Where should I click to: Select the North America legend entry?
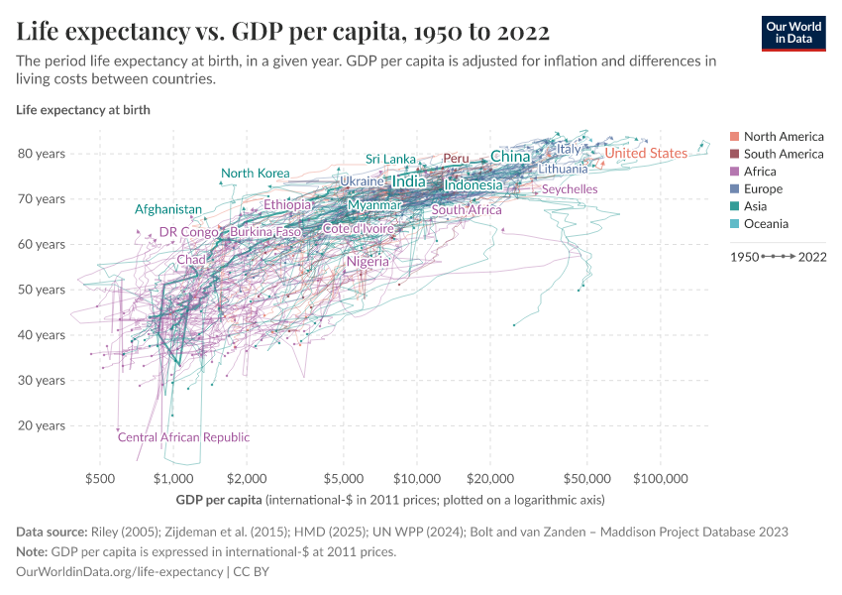coord(783,136)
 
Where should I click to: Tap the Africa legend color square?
coord(733,172)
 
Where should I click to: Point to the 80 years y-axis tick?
coord(41,154)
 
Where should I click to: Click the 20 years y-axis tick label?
coord(41,425)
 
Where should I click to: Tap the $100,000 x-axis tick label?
coord(661,478)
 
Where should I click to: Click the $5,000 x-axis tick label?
coord(343,478)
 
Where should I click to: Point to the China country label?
coord(510,157)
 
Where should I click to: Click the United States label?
coord(646,154)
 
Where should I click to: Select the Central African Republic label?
coord(183,437)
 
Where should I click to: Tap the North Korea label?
coord(255,174)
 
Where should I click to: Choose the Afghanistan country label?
coord(168,209)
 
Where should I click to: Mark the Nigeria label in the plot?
coord(368,262)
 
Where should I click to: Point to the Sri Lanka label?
coord(390,159)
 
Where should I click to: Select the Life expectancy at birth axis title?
coord(83,110)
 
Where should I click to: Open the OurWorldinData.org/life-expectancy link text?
coord(119,572)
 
